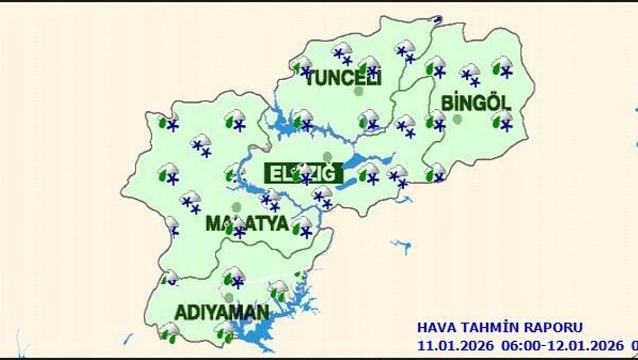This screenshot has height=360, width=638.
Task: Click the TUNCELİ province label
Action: (x=342, y=78)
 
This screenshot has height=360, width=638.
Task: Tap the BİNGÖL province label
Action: (x=476, y=104)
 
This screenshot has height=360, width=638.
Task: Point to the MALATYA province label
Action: (x=247, y=224)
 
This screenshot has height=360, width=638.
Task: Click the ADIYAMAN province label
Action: (x=222, y=314)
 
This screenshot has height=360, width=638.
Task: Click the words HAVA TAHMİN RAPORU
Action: (x=500, y=328)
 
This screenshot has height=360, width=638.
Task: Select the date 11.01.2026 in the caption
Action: (x=456, y=346)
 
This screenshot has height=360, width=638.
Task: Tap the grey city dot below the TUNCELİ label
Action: (x=359, y=91)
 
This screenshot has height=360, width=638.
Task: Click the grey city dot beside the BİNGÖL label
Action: (x=457, y=119)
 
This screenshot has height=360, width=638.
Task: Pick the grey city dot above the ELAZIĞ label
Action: (x=327, y=157)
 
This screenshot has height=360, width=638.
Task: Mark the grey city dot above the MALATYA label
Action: (x=236, y=206)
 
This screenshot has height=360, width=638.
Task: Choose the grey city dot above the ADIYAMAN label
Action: (x=229, y=297)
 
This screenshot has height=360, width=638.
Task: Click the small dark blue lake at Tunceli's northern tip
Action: (x=438, y=20)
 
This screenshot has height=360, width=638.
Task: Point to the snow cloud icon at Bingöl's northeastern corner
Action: (x=502, y=67)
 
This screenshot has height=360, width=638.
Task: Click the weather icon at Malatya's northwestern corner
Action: (x=168, y=122)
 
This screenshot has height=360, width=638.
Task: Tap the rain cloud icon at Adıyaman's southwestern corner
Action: (x=169, y=332)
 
